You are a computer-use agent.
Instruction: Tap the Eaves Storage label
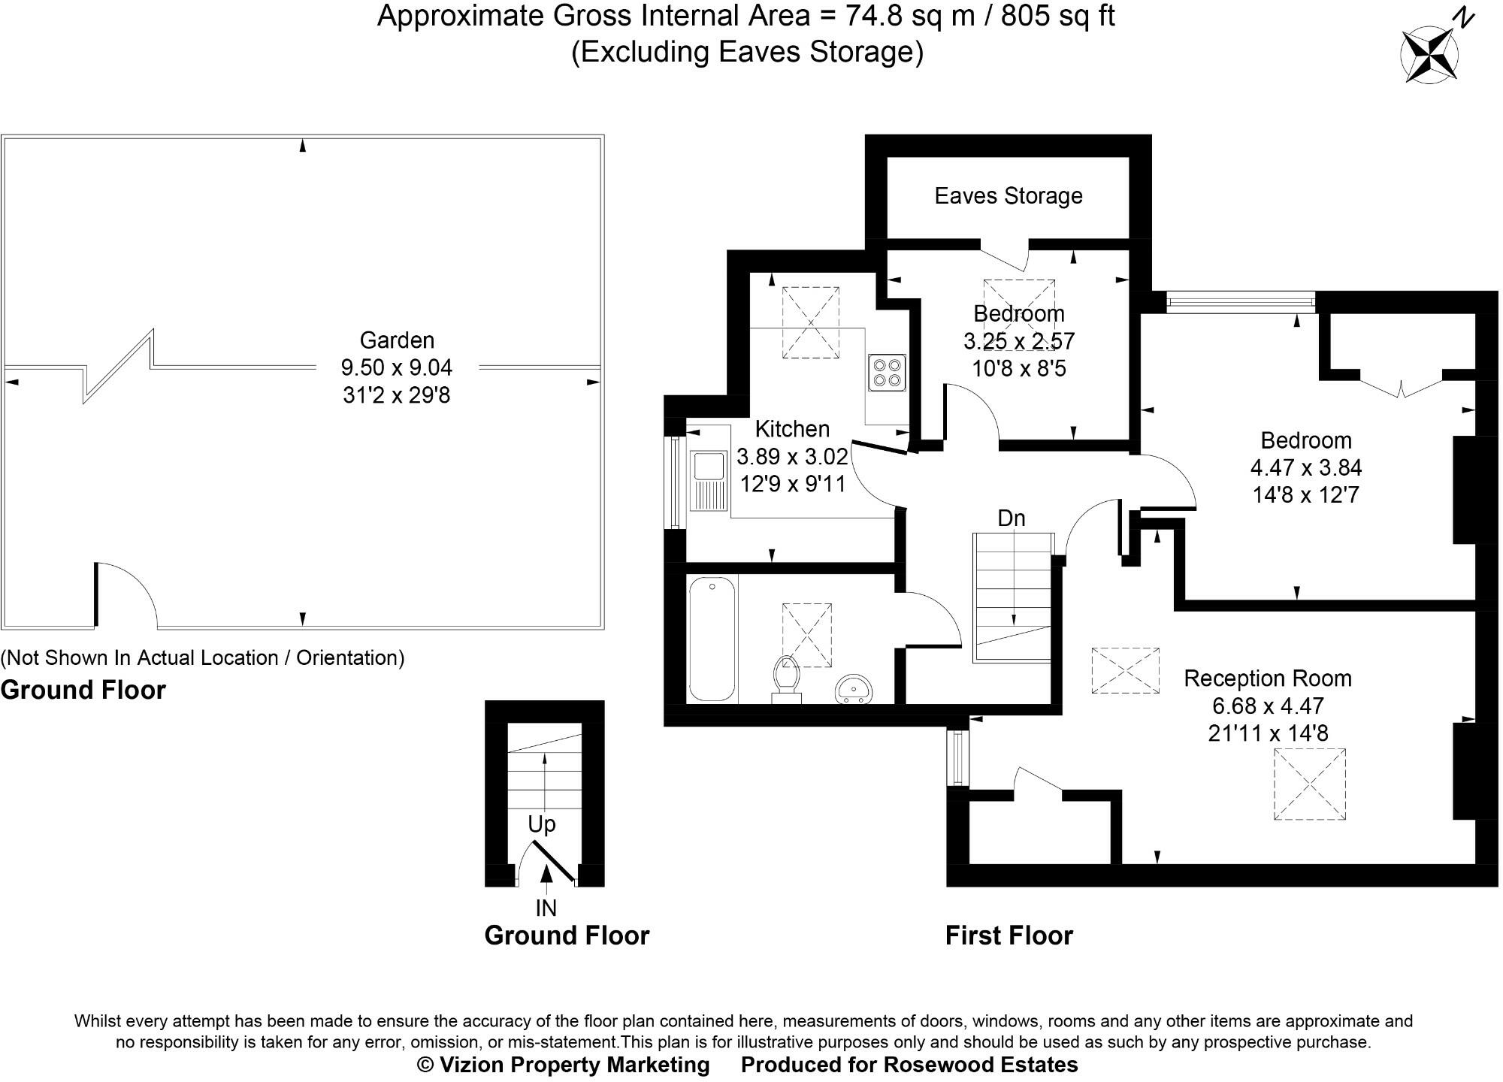tap(1009, 196)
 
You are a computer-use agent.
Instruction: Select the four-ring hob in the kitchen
tap(887, 373)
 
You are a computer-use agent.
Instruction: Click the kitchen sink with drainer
tap(708, 481)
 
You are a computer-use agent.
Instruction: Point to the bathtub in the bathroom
tap(712, 639)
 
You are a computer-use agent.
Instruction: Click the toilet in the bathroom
tap(786, 680)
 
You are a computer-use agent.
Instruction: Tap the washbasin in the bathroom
tap(854, 689)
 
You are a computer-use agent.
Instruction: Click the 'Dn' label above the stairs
tap(1012, 518)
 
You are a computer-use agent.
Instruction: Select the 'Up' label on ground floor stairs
tap(542, 824)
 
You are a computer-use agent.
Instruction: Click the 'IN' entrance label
tap(546, 908)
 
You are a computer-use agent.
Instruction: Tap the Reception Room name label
tap(1268, 679)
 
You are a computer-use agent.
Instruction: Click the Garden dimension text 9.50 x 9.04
tap(397, 367)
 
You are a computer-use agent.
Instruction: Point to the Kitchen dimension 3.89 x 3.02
tap(792, 457)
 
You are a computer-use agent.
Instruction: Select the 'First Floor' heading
tap(1009, 935)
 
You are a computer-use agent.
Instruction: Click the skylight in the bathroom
tap(807, 635)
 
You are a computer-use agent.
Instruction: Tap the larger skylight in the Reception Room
tap(1310, 784)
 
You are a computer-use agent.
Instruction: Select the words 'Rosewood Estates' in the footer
tap(980, 1065)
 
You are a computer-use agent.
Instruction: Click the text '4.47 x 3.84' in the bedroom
tap(1306, 468)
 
